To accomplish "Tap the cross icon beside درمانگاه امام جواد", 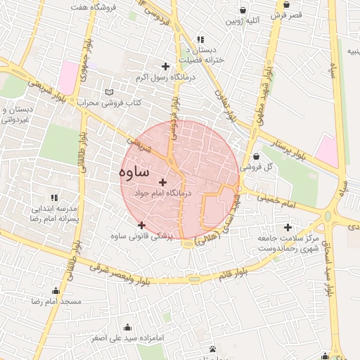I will [x=164, y=182].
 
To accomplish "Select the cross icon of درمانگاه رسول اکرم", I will [x=165, y=65].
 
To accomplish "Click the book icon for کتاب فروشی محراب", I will [x=108, y=92].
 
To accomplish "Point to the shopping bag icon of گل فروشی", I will [x=255, y=156].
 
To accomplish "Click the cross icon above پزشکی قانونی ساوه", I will [x=141, y=224].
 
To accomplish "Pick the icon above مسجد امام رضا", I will [x=56, y=291].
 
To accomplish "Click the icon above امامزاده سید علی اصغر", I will [x=127, y=327].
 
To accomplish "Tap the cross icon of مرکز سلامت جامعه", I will [x=288, y=227].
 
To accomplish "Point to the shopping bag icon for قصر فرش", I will [x=286, y=5].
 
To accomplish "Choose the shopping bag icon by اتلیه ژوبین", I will [x=243, y=11].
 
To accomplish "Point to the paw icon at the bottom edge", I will [x=212, y=349].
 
